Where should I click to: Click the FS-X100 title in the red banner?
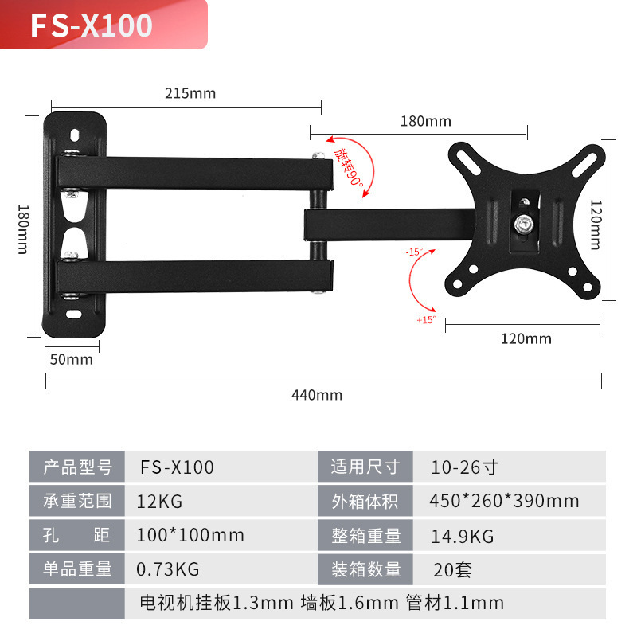click(91, 25)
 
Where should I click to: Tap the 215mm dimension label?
click(190, 93)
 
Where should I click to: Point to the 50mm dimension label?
click(72, 359)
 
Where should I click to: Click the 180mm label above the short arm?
click(425, 121)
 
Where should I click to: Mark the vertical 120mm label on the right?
click(595, 224)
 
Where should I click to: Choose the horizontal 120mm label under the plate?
click(526, 338)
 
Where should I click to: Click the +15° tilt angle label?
click(426, 320)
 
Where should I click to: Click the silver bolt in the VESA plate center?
click(523, 224)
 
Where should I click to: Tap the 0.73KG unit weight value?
click(169, 569)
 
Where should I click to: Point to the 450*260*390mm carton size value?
click(504, 501)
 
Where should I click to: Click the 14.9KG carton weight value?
click(462, 535)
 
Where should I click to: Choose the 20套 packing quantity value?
click(451, 569)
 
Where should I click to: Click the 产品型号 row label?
click(77, 467)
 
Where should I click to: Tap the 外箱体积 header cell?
click(366, 501)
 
